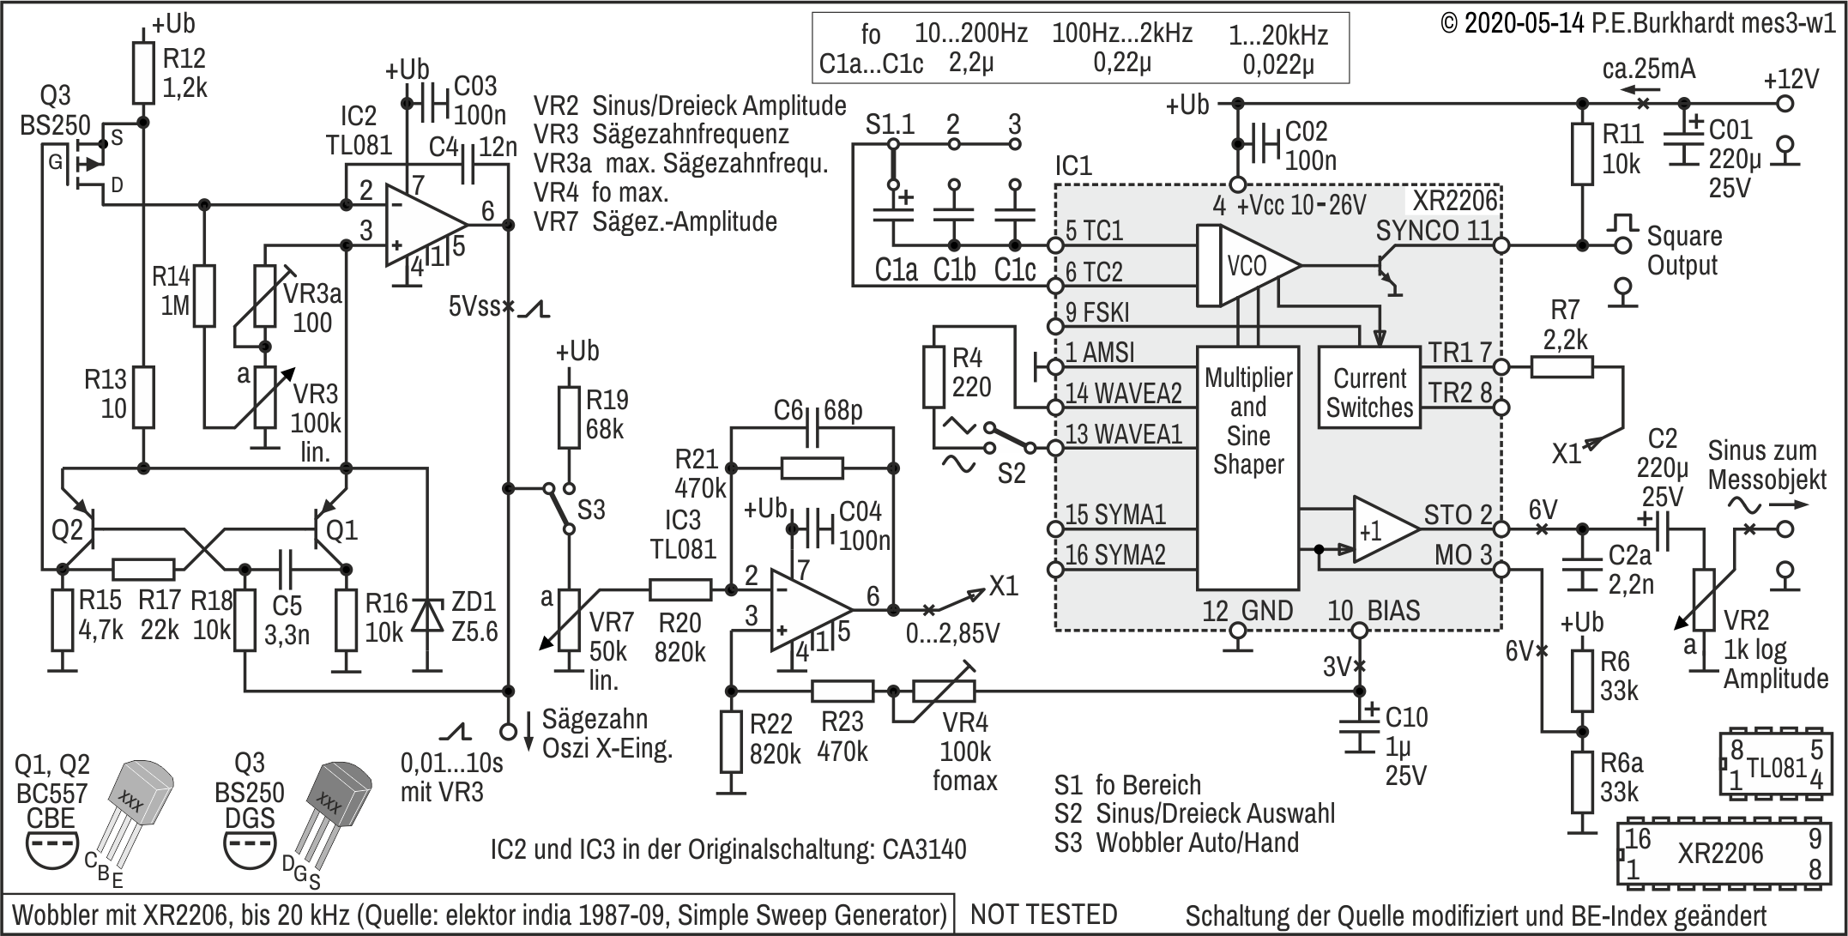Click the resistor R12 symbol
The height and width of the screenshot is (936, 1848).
pyautogui.click(x=144, y=73)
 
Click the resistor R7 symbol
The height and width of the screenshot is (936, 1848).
pyautogui.click(x=1561, y=367)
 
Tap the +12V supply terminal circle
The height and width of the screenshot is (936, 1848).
pyautogui.click(x=1785, y=104)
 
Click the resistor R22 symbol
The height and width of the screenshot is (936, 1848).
pyautogui.click(x=731, y=740)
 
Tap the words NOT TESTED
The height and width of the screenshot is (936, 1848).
pyautogui.click(x=1043, y=915)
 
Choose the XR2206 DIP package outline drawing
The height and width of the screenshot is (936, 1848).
pyautogui.click(x=1724, y=854)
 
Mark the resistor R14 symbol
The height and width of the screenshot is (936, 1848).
pyautogui.click(x=203, y=295)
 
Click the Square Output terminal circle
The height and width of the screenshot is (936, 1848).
pyautogui.click(x=1622, y=245)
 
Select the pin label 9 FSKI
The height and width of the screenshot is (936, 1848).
pyautogui.click(x=1097, y=312)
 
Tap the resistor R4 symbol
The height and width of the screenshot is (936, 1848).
pyautogui.click(x=933, y=376)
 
